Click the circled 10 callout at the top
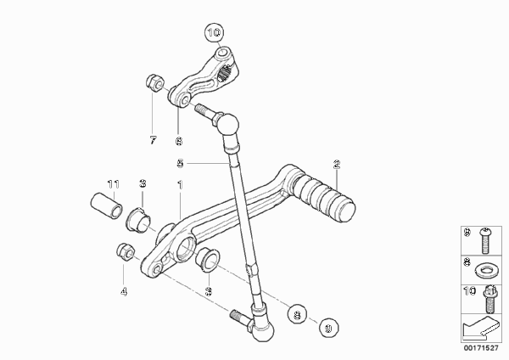click(x=215, y=32)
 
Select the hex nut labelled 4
click(x=126, y=252)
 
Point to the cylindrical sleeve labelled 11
click(x=106, y=206)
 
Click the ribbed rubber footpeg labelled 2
click(x=324, y=198)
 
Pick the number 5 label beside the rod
click(x=180, y=163)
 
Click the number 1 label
click(x=180, y=185)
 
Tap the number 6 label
click(x=179, y=141)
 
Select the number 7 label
click(x=153, y=140)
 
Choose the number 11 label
click(x=114, y=184)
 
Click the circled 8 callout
click(x=297, y=314)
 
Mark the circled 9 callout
click(x=328, y=328)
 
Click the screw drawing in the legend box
click(x=484, y=240)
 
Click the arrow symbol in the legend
click(x=480, y=328)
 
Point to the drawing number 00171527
click(x=481, y=348)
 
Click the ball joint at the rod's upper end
click(x=228, y=123)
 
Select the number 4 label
click(x=124, y=292)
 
